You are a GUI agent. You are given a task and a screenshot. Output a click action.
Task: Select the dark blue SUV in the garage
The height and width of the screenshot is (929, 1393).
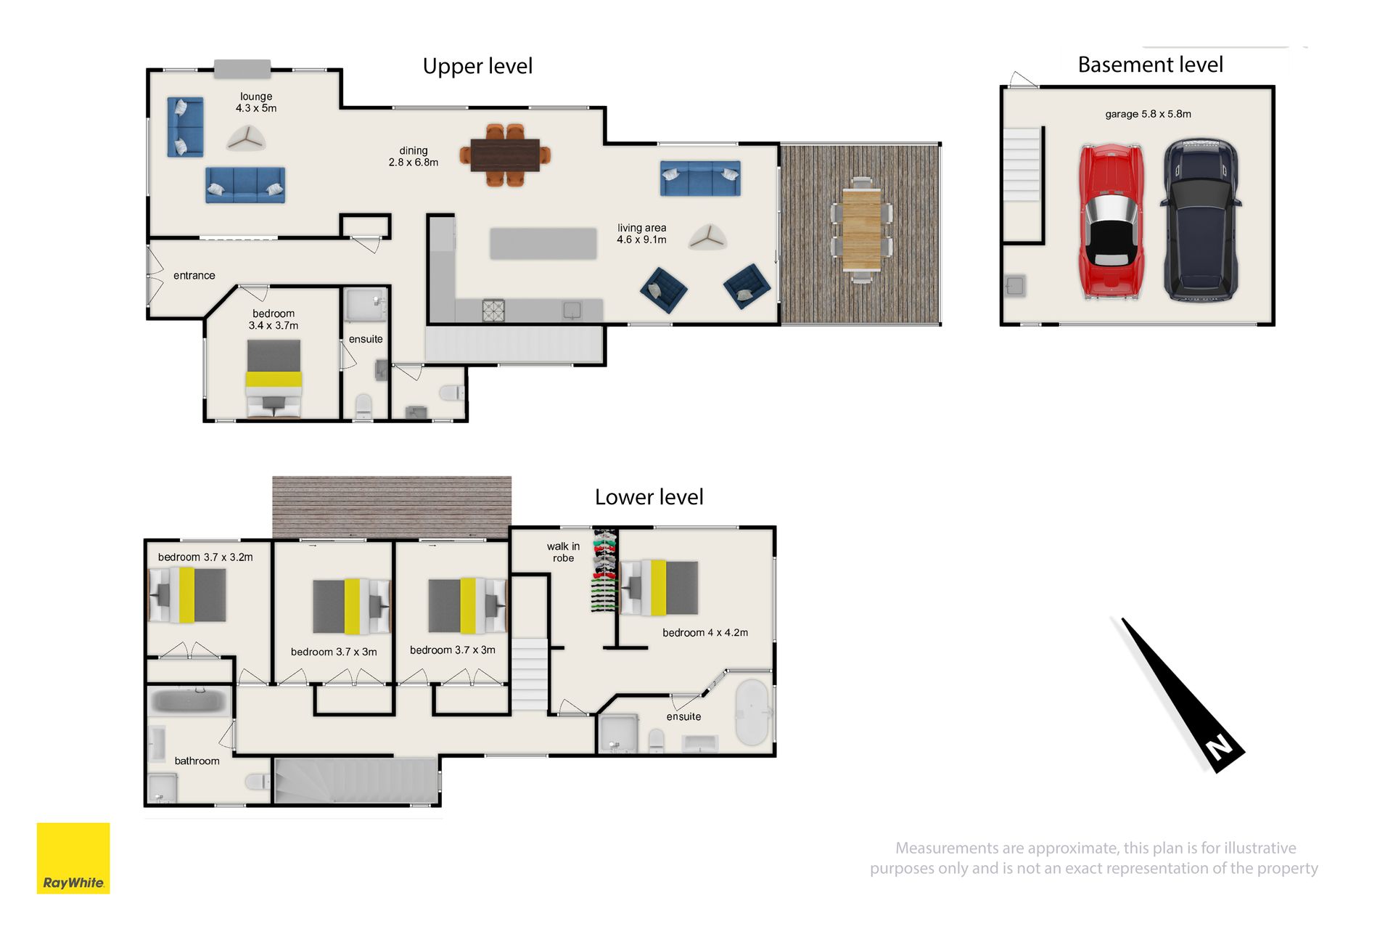point(1200,220)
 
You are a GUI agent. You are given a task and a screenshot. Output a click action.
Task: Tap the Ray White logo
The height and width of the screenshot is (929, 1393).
point(73,858)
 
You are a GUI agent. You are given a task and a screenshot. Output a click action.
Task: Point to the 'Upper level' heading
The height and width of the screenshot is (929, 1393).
point(477,66)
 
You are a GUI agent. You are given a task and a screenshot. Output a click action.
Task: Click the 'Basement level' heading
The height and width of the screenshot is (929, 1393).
point(1150,65)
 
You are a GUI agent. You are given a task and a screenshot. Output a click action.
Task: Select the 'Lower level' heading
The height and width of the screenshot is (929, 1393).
point(649,497)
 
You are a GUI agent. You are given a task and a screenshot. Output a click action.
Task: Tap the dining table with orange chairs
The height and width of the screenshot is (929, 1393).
point(505,155)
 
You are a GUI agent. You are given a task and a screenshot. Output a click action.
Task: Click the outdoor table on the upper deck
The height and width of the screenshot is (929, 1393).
point(861,229)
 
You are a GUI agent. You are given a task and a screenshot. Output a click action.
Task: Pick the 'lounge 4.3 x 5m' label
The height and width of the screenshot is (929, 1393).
point(256,102)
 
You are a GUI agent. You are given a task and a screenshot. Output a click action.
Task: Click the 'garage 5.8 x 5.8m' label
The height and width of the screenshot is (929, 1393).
point(1148,114)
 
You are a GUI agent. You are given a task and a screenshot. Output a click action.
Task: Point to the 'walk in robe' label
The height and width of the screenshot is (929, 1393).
point(563,552)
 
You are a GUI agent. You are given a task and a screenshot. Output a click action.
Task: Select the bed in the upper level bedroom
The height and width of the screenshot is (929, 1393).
point(274,379)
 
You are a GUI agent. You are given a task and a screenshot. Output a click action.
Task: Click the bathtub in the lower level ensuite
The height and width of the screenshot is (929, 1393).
point(752,713)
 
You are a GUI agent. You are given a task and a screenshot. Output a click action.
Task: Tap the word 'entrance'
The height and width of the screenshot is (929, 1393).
point(194,276)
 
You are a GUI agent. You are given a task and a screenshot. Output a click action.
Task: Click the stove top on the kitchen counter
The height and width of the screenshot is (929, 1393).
point(493,311)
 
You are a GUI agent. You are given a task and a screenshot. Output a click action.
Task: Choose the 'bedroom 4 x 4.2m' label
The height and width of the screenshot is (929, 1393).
point(705,633)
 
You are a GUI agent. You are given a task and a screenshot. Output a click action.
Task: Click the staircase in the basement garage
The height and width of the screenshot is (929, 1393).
point(1022,165)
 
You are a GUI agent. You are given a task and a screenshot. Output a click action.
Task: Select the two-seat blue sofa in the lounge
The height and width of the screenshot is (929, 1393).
point(185,127)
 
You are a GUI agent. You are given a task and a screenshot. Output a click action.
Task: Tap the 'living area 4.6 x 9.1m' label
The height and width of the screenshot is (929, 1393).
point(641,234)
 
